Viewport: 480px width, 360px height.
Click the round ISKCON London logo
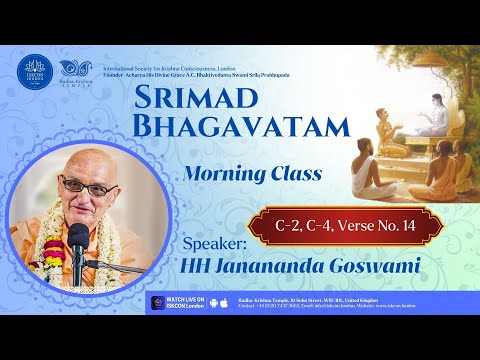pos(33,71)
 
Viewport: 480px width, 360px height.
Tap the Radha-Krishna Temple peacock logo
pos(79,70)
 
